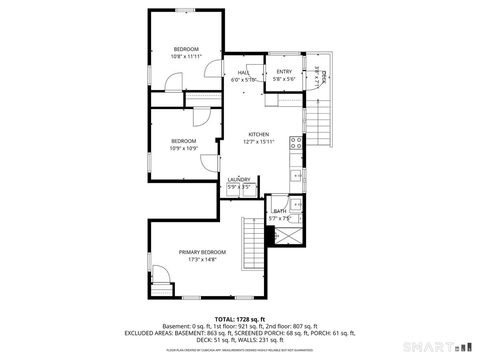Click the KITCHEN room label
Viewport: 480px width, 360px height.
pos(259,134)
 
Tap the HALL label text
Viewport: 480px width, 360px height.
pos(243,72)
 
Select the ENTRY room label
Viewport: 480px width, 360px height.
pos(284,72)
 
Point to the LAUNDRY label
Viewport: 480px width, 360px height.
pos(239,180)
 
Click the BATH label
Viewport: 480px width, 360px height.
pos(281,211)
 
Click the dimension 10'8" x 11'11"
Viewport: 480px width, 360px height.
pos(185,57)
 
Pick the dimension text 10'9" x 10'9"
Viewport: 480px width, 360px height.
pos(184,149)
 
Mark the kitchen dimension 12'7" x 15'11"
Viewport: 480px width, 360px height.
pos(259,142)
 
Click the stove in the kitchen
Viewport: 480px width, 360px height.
pos(297,143)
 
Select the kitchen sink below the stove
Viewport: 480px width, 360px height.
pos(297,175)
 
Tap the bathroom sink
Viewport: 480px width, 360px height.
pos(295,214)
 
